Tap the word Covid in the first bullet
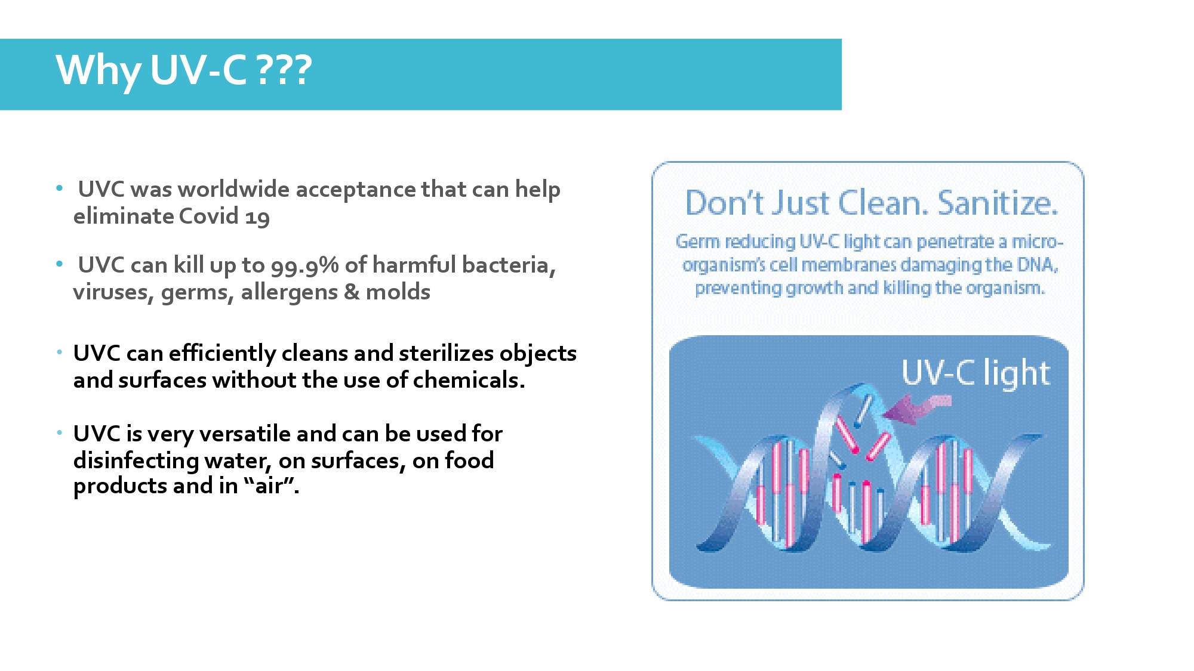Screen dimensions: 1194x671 point(208,216)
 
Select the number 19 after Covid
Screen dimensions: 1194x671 point(257,218)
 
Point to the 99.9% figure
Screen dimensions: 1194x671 point(304,265)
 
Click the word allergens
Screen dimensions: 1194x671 point(289,292)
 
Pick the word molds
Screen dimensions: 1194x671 point(398,292)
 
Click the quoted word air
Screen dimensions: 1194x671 point(271,486)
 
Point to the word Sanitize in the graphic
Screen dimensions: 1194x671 point(998,203)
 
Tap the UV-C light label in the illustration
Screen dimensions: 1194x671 point(975,373)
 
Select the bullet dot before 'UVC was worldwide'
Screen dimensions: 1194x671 point(59,188)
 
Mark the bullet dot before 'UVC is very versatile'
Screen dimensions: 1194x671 point(59,432)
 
